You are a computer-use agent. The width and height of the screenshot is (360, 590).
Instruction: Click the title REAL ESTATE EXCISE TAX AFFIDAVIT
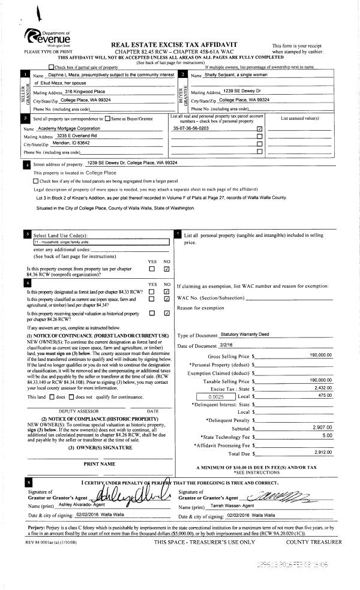tap(174, 45)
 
